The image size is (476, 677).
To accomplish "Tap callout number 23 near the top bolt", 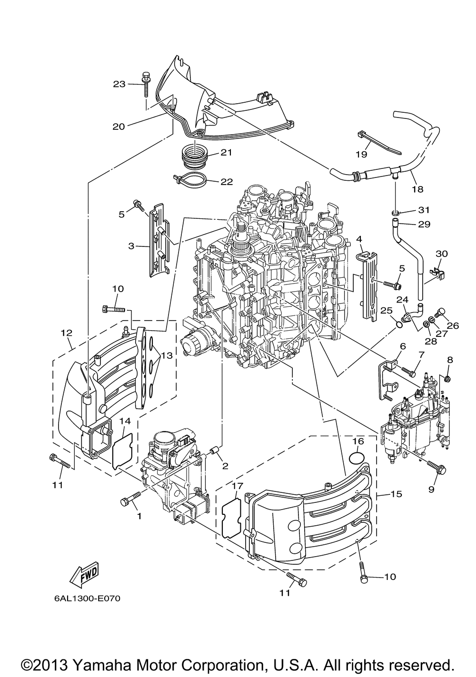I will (x=119, y=84).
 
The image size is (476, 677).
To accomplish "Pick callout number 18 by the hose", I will (x=416, y=189).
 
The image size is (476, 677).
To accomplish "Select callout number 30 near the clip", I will (x=442, y=254).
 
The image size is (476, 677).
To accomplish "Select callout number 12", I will (x=66, y=333).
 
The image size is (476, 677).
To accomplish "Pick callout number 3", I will (x=131, y=246).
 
